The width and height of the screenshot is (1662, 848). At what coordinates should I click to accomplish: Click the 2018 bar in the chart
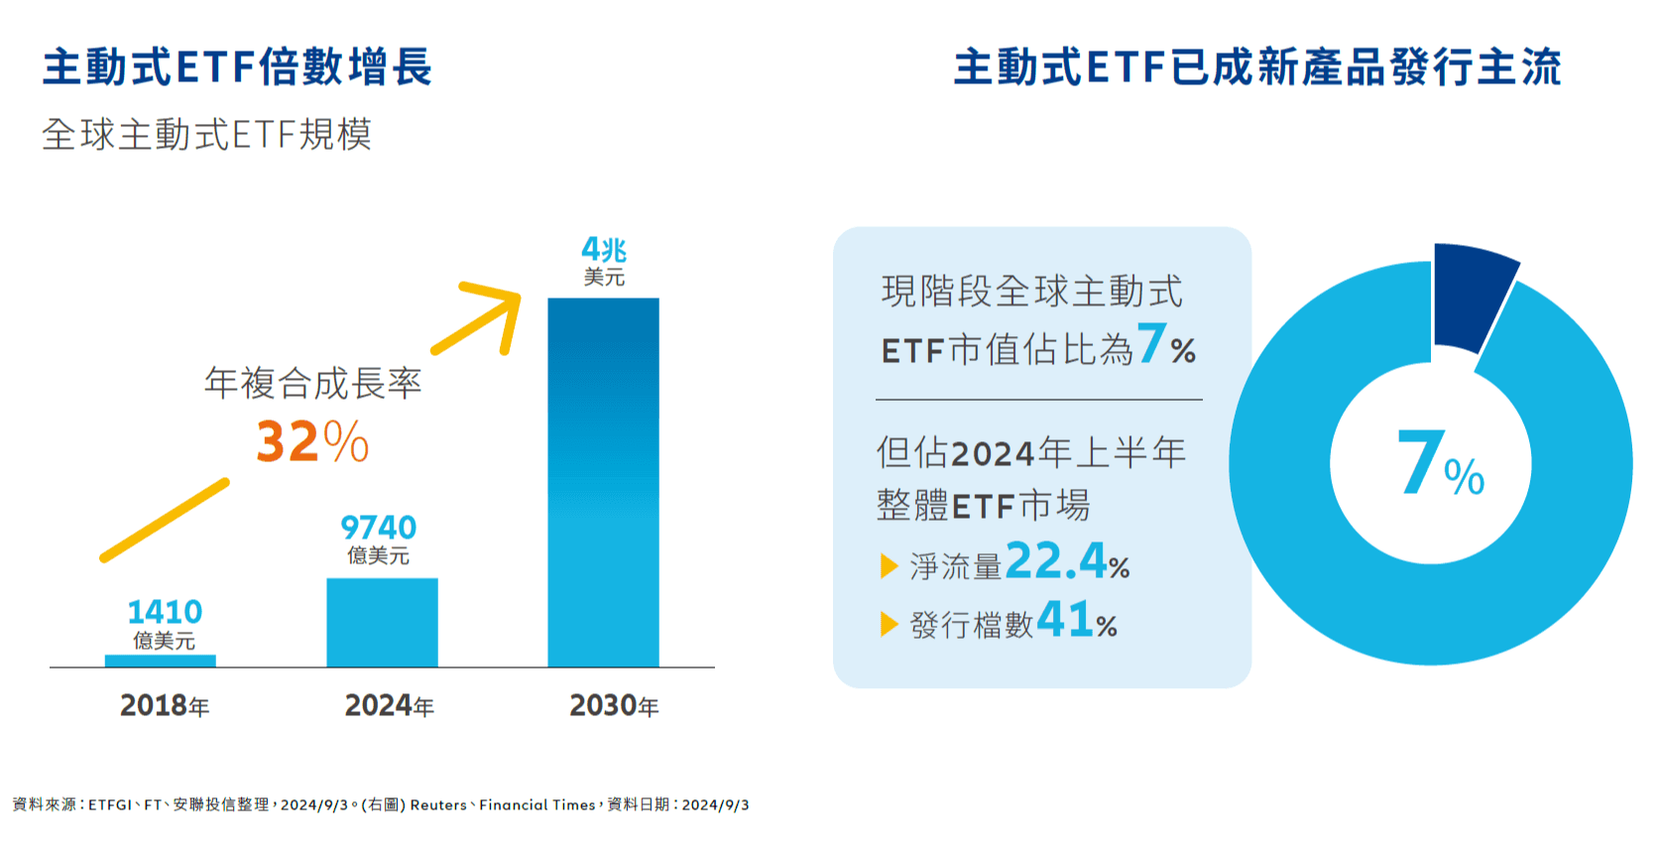pos(161,661)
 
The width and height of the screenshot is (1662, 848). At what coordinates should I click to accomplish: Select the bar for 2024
pos(382,623)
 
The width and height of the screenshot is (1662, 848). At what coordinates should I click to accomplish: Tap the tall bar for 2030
pos(603,482)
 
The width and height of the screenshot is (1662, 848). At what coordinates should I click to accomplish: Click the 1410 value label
pos(165,612)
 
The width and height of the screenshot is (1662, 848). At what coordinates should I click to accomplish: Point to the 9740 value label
pos(379,528)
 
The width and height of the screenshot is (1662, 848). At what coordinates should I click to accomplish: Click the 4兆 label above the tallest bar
pos(603,250)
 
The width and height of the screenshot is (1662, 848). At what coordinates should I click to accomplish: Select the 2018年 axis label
pos(165,705)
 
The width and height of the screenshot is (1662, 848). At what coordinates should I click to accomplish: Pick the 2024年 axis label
pos(389,705)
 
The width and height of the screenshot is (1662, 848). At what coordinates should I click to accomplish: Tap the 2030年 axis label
pos(614,705)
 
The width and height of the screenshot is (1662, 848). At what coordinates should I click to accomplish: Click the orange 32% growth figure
pos(312,442)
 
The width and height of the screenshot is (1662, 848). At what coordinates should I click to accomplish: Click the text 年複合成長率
pos(312,383)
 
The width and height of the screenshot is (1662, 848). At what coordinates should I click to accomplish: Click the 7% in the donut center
pos(1438,464)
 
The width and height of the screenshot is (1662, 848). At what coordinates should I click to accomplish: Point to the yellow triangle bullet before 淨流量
pos(889,566)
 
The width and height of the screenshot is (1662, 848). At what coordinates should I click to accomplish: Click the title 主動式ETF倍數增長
pos(237,67)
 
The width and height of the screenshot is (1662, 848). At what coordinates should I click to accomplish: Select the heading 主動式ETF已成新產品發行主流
pos(1256,67)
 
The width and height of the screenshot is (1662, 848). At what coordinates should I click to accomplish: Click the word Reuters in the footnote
pos(438,805)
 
